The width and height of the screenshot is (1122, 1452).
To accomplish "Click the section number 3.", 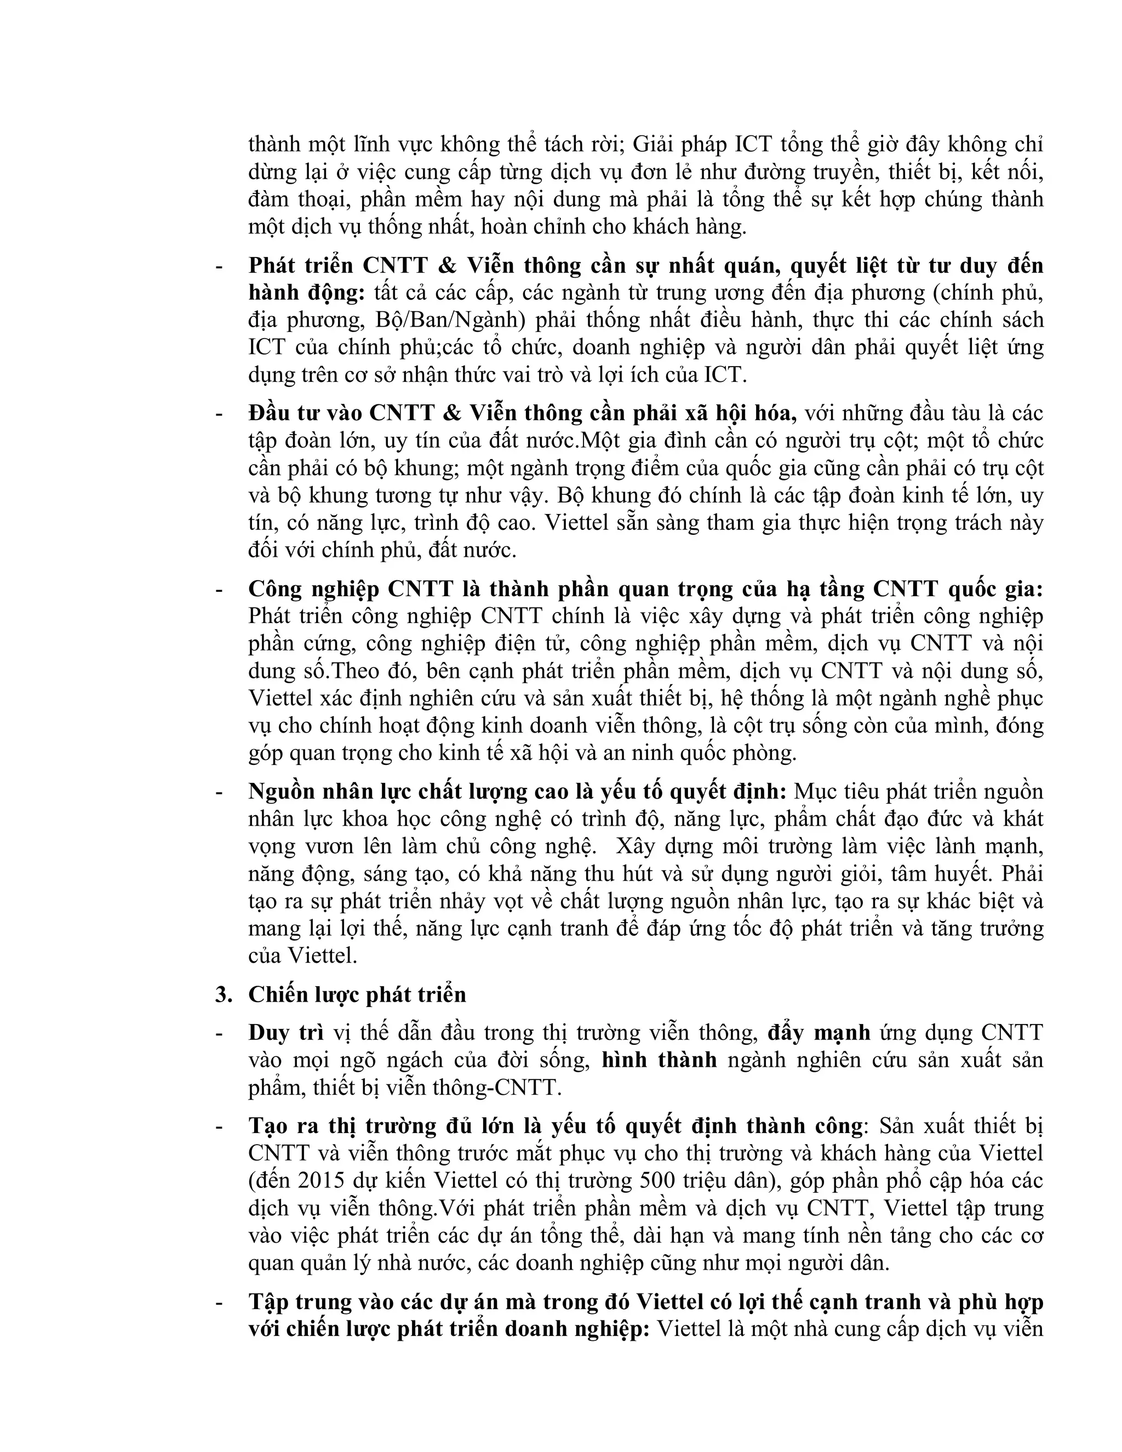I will [x=221, y=994].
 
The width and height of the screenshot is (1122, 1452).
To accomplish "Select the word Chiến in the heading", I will [x=273, y=994].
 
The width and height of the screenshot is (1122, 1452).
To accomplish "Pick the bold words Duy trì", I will [x=286, y=1032].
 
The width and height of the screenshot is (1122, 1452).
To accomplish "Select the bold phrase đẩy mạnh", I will [x=818, y=1032].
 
